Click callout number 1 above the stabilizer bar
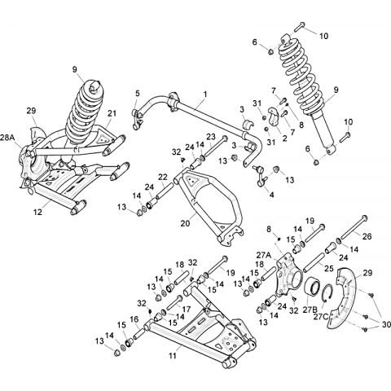point(205,94)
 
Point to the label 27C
point(321,317)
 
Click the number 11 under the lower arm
point(173,355)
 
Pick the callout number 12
point(38,212)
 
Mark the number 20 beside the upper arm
point(186,223)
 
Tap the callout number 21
point(112,113)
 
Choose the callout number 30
point(385,324)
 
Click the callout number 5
point(138,94)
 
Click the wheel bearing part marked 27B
point(312,288)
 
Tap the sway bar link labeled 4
point(261,177)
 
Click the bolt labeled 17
point(175,302)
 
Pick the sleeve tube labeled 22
point(164,191)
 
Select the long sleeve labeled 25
point(314,262)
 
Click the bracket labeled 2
point(275,117)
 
